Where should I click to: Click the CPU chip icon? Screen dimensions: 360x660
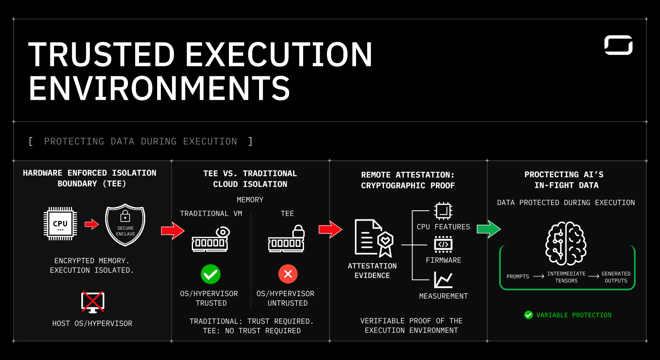click(60, 224)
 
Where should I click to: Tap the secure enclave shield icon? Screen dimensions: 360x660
click(125, 225)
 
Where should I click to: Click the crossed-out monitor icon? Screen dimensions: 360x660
click(93, 302)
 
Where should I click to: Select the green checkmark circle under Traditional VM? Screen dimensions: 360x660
click(210, 274)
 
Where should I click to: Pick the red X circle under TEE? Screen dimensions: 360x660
click(288, 274)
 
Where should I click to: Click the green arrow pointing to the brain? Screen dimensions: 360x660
click(488, 229)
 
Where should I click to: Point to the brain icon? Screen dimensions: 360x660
click(566, 243)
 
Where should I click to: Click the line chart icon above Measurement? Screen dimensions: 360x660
click(443, 280)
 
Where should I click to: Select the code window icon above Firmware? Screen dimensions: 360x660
click(443, 244)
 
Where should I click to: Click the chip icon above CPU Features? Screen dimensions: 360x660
click(443, 211)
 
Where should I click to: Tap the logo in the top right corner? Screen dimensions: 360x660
click(618, 45)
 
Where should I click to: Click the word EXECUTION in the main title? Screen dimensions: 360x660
click(279, 54)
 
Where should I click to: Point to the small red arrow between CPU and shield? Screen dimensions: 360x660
click(92, 224)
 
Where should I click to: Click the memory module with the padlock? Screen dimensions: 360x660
click(287, 239)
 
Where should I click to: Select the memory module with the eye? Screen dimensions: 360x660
click(211, 240)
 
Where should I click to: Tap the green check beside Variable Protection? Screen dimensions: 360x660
click(528, 315)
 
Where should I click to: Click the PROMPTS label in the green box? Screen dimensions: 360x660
click(518, 277)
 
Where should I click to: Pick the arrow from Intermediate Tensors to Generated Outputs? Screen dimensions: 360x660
click(594, 276)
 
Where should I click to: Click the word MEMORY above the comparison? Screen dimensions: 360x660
click(250, 200)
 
